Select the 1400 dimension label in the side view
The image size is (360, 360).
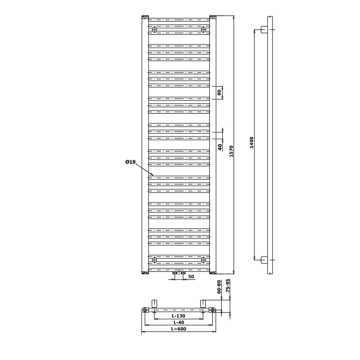coord(251,142)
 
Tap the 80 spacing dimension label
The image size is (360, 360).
coord(219,92)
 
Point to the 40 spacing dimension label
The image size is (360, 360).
coord(220,147)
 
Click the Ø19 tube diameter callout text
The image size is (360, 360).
coord(130,162)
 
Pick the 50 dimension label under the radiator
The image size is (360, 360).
coord(191,277)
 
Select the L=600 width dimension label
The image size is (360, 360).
coord(178,329)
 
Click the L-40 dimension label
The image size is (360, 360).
coord(178,322)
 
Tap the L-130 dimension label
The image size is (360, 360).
coord(178,316)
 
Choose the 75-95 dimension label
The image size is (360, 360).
coord(228,286)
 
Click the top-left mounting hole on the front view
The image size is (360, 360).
coord(155,29)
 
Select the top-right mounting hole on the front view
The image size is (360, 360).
coord(203,29)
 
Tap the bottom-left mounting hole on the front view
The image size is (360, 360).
coord(155,260)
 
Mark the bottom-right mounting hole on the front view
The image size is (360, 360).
coord(203,260)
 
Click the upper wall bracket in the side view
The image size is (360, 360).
coord(264,29)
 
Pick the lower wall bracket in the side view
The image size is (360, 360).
coord(264,260)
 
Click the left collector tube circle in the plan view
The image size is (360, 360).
coord(145,310)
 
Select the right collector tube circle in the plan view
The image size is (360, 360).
coord(212,310)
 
